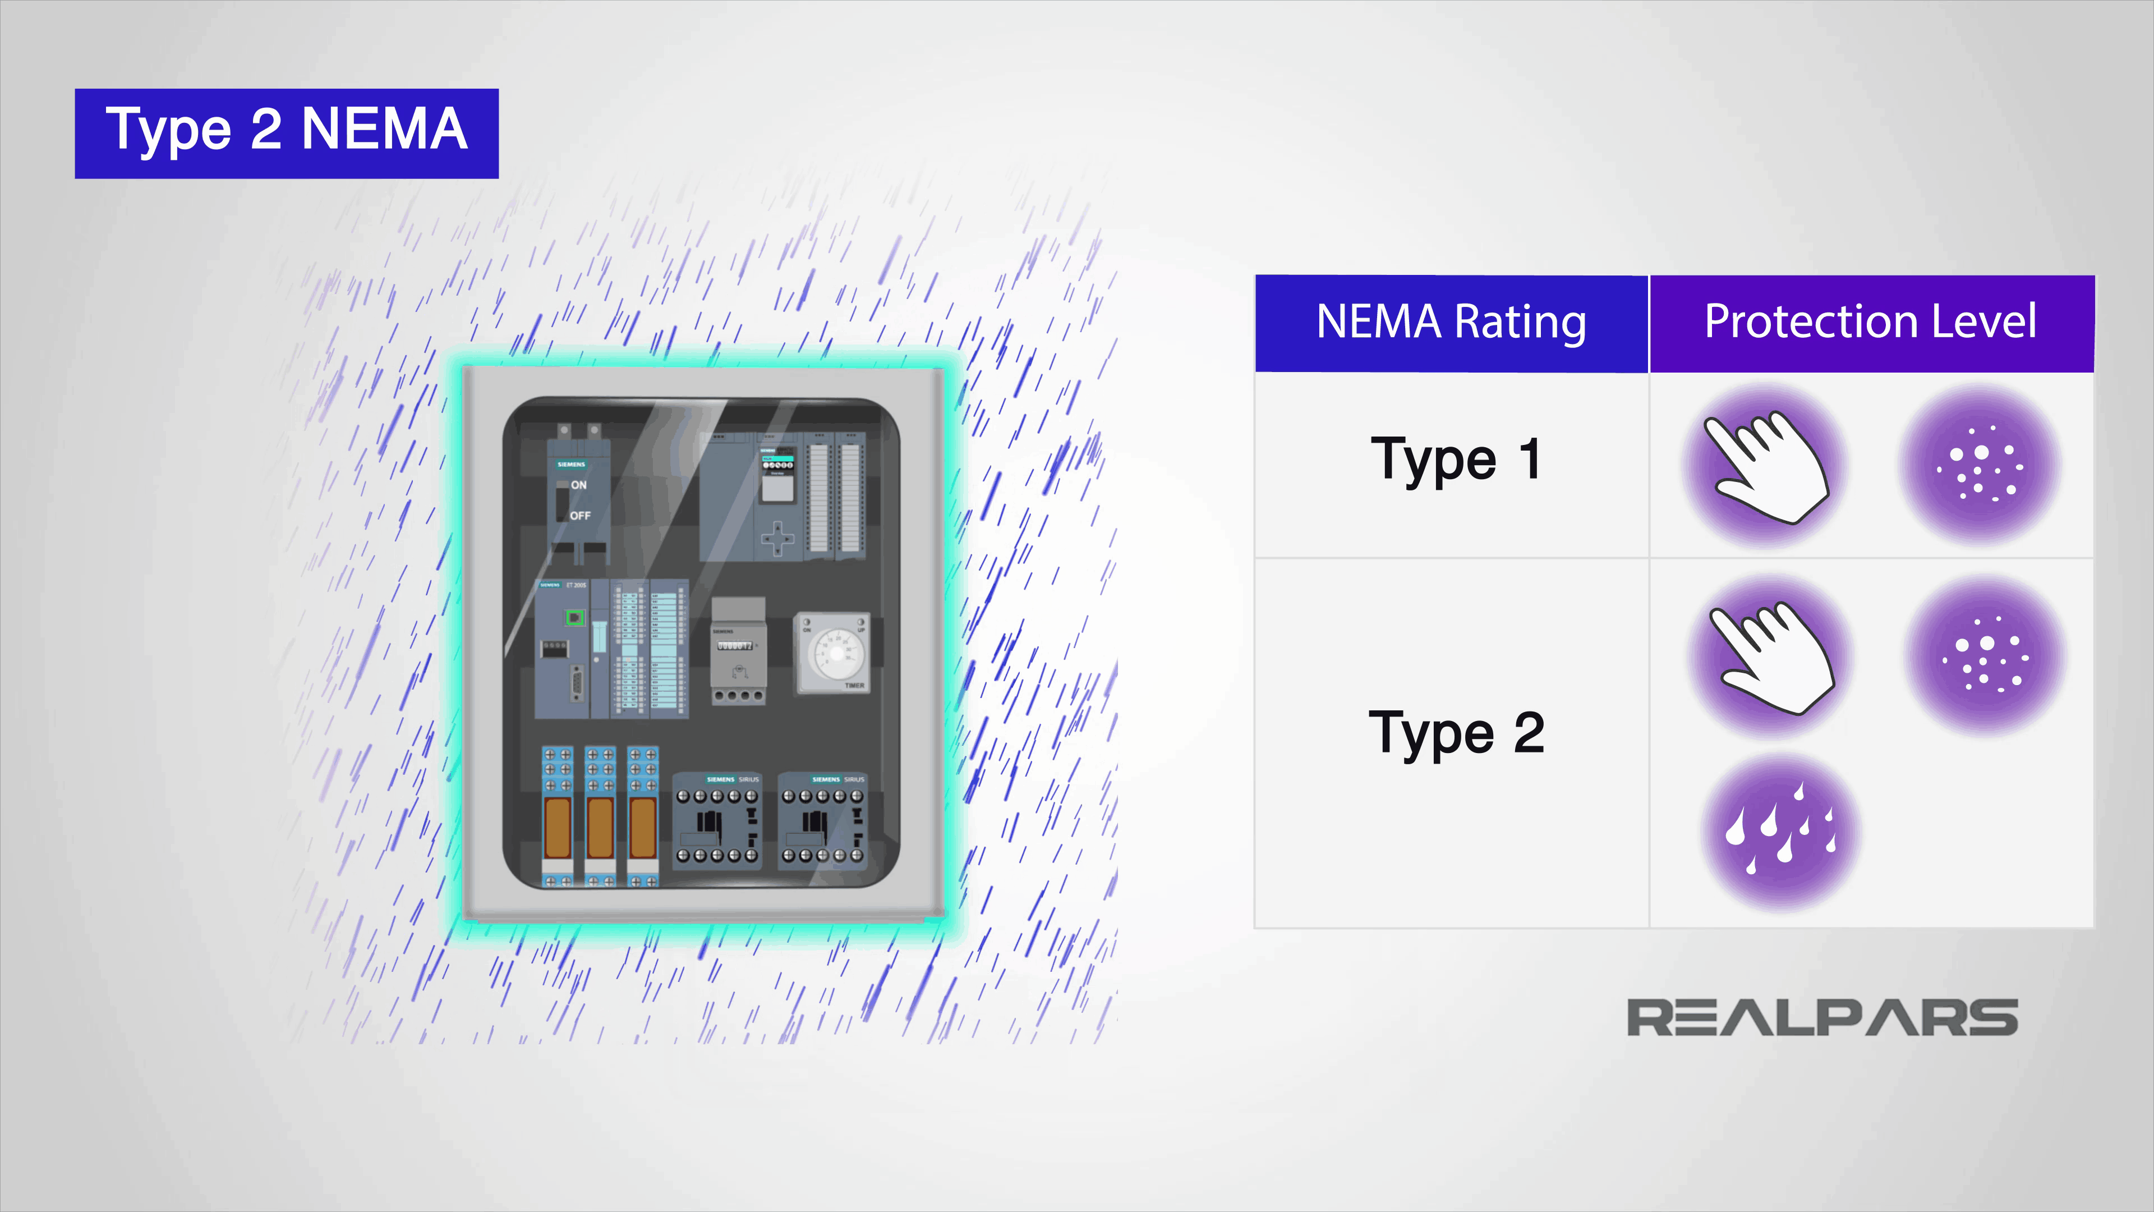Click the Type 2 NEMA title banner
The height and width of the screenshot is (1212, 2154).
pos(287,133)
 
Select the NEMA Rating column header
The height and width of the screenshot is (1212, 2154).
pos(1452,323)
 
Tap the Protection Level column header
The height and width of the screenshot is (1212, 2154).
pos(1871,323)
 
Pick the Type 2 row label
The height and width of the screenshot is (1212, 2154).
pos(1456,733)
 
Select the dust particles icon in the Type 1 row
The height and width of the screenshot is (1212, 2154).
pos(1980,463)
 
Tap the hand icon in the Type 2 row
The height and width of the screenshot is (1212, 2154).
pos(1771,656)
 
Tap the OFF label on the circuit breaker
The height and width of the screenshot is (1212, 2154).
pos(579,516)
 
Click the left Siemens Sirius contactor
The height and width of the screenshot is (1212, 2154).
pos(717,820)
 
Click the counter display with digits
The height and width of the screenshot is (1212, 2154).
pos(735,646)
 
